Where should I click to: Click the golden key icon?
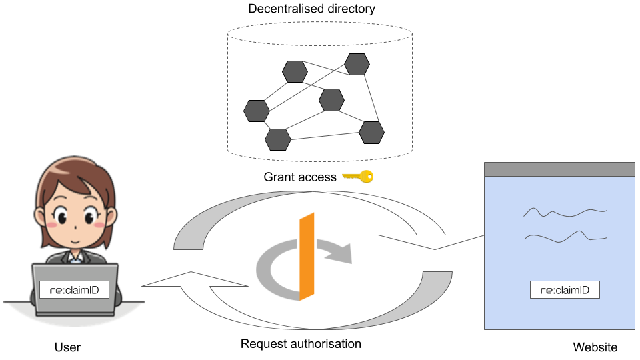click(358, 176)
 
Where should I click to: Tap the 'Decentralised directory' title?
click(311, 9)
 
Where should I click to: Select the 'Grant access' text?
click(300, 177)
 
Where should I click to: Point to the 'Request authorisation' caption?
click(301, 344)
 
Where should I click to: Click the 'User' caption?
click(67, 347)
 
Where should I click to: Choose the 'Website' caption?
click(595, 347)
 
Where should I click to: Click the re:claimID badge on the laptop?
click(74, 290)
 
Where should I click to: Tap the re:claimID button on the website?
click(565, 290)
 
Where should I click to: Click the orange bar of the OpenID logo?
click(307, 256)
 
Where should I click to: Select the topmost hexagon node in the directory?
click(357, 64)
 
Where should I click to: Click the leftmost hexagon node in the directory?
click(256, 111)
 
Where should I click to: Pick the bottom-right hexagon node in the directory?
click(371, 132)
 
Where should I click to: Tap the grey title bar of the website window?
click(559, 169)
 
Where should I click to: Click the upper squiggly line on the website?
click(565, 212)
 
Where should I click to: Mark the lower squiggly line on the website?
click(566, 237)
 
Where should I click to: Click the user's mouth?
click(75, 241)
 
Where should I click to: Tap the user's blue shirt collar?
click(76, 257)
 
